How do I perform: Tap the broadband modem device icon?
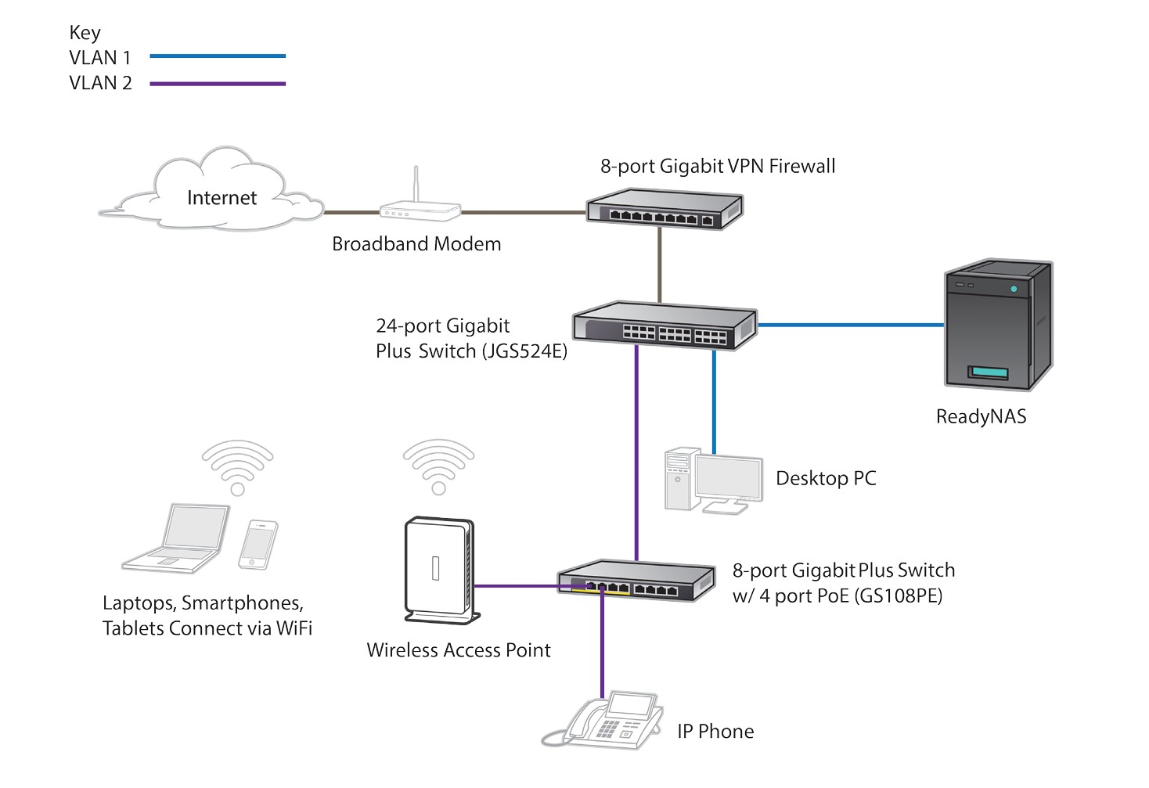coord(420,210)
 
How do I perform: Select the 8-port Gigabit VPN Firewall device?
coord(665,209)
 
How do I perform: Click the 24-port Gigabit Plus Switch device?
coord(665,326)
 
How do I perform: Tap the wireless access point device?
coord(439,570)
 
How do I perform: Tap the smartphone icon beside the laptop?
coord(258,544)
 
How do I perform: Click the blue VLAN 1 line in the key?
coord(218,56)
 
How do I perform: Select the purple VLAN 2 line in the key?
coord(218,83)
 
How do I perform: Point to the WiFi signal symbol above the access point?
coord(438,466)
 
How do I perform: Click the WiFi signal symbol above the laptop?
coord(237,466)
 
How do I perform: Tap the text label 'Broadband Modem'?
coord(416,244)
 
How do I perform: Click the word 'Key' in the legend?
coord(85,33)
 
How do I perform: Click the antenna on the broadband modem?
coord(416,184)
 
